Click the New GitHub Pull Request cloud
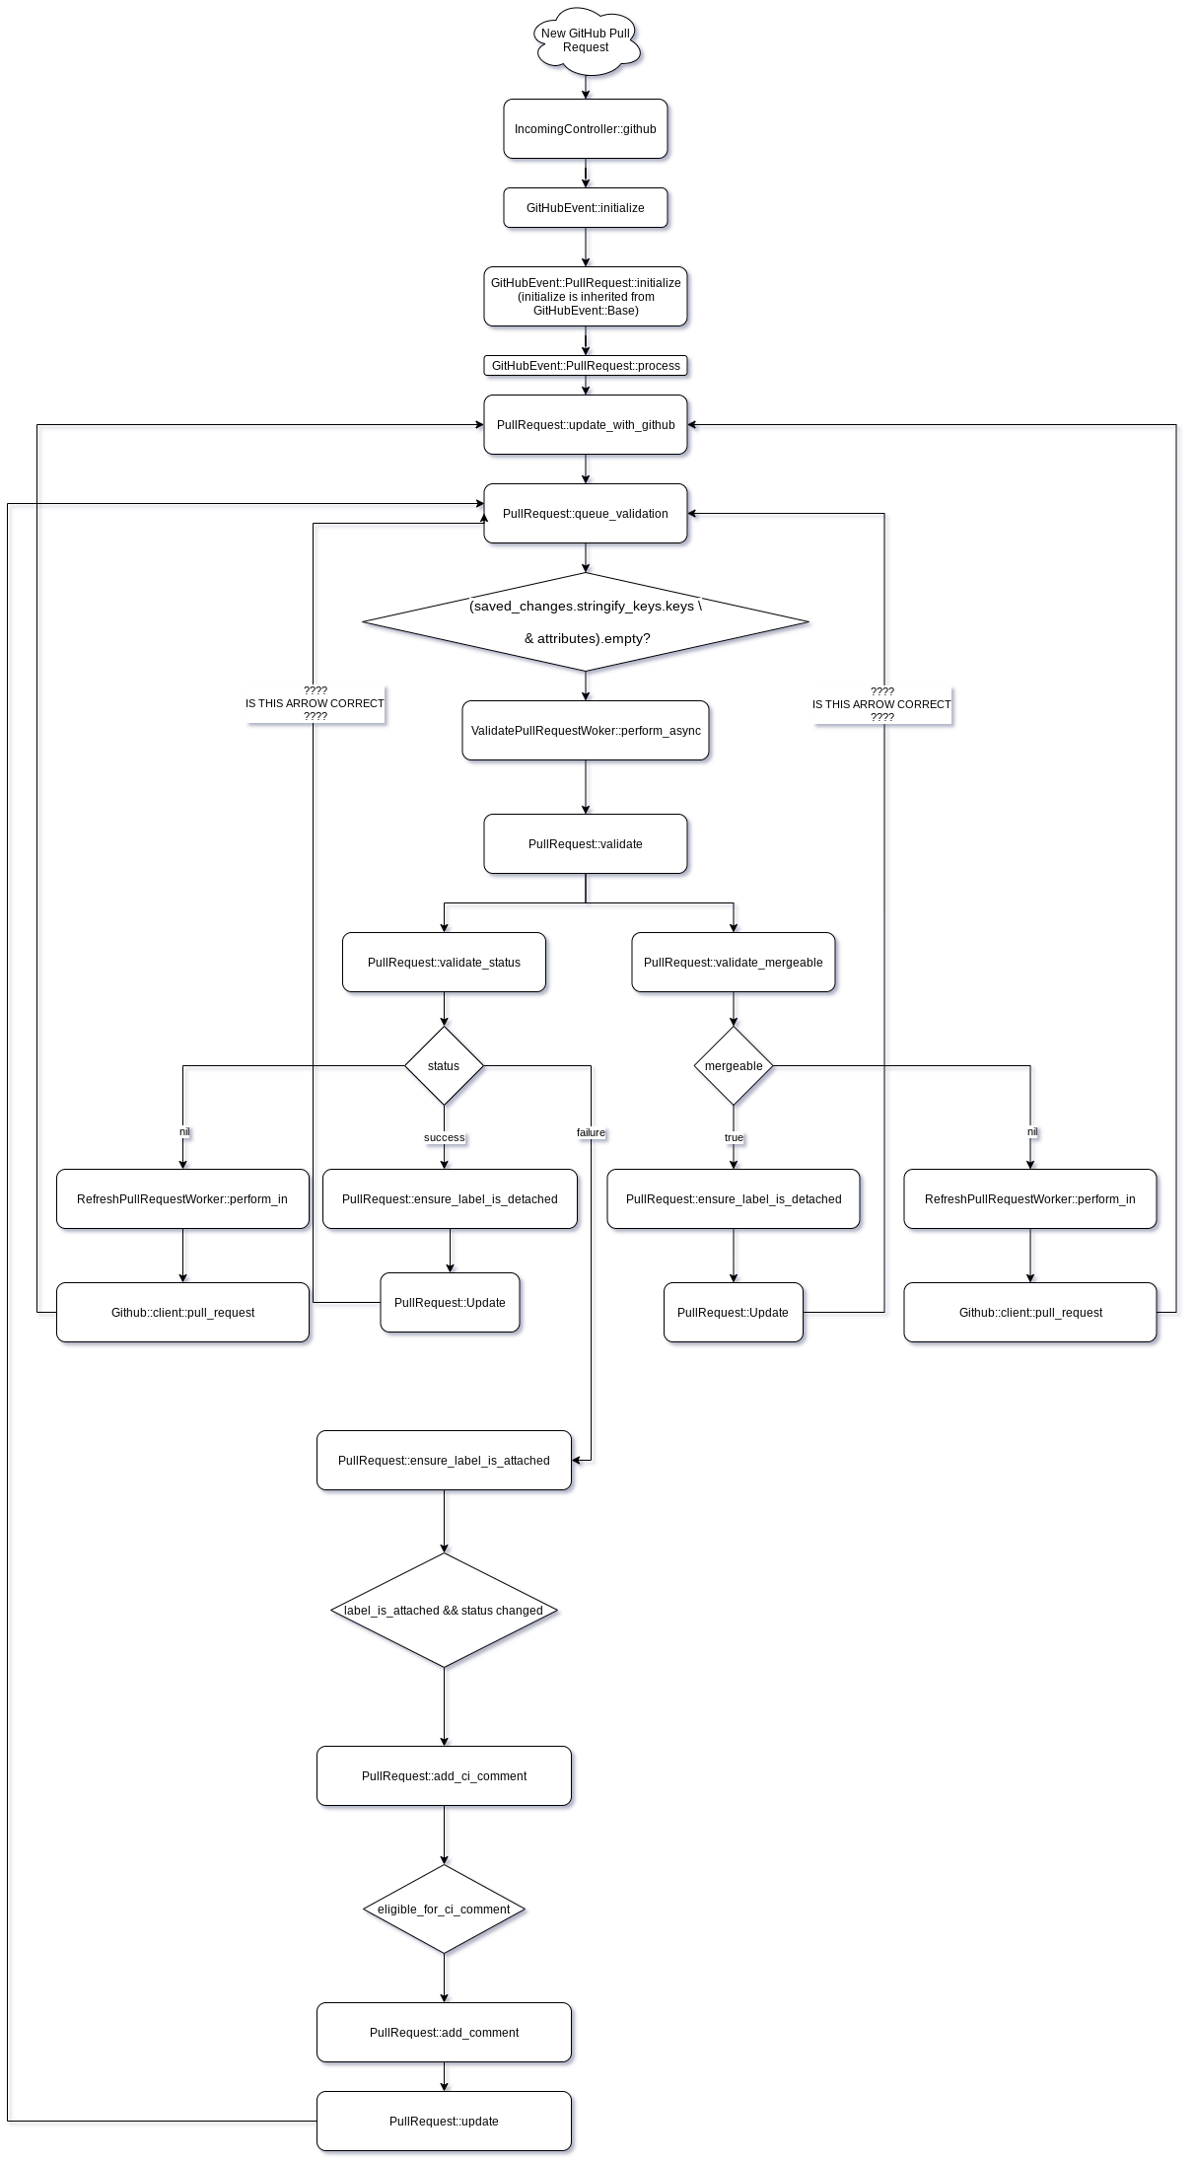point(586,41)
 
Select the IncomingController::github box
point(586,129)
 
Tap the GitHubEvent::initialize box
point(586,208)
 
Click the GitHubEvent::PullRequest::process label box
point(586,366)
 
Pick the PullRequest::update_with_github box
point(586,425)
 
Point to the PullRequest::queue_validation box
point(586,514)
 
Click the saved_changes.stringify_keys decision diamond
point(586,622)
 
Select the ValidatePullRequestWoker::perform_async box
point(586,731)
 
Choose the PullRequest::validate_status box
point(444,963)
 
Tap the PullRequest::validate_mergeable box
point(734,963)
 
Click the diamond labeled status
point(444,1066)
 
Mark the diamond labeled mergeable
point(734,1066)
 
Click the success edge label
point(444,1137)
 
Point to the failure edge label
point(591,1132)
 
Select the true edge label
point(734,1137)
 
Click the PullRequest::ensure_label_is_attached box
point(444,1461)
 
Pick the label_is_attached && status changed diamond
point(444,1611)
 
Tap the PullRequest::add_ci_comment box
point(444,1776)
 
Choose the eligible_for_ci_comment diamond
point(444,1910)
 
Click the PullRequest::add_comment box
point(444,2033)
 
